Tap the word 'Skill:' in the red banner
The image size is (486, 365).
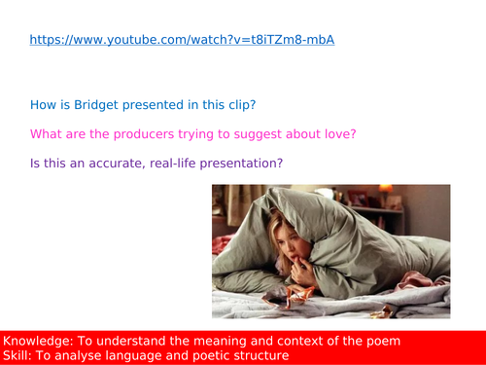point(20,355)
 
